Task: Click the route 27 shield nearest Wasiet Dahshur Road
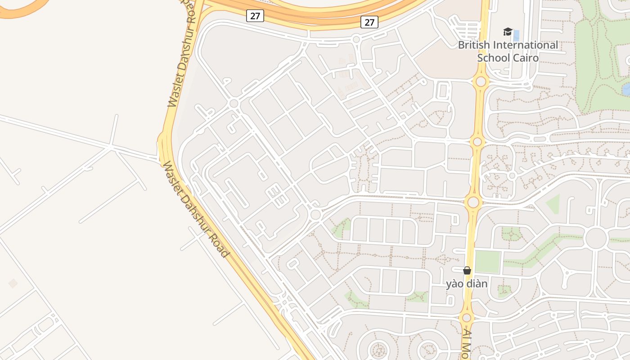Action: coord(255,16)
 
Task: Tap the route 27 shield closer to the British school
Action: coord(369,22)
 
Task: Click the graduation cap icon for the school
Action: coord(508,32)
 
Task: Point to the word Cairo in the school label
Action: coord(526,58)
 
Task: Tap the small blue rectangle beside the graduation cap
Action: coord(516,35)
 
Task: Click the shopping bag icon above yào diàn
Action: coord(467,270)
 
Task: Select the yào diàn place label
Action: coord(467,284)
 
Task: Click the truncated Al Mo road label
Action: coord(467,344)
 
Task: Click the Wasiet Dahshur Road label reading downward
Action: coord(195,209)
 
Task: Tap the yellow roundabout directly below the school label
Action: coord(481,81)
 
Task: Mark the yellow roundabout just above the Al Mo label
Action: coord(467,318)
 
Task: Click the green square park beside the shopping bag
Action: coord(488,261)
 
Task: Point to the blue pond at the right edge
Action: coord(626,89)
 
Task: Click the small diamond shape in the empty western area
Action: coord(13,283)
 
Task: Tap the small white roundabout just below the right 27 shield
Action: coord(356,40)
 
